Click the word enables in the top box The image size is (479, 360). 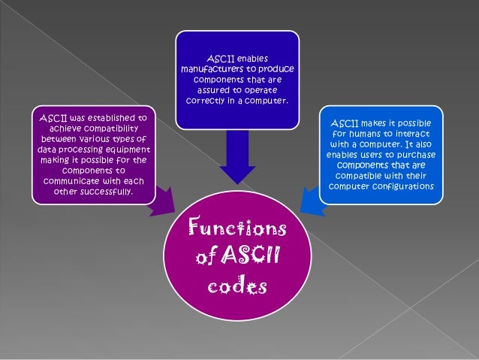252,58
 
